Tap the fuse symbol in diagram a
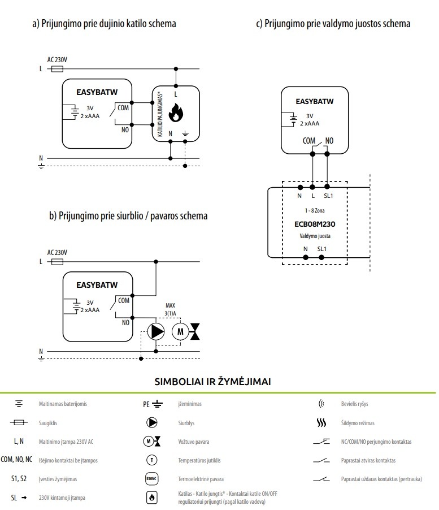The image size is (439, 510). click(57, 68)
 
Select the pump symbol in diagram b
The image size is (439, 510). click(156, 331)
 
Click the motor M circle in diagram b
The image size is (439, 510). click(181, 331)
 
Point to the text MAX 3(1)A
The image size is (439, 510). click(170, 310)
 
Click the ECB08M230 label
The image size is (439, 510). click(315, 223)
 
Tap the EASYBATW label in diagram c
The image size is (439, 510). click(315, 102)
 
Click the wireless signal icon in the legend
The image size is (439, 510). click(322, 404)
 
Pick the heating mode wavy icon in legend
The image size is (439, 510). click(321, 423)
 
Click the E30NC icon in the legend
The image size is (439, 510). click(151, 479)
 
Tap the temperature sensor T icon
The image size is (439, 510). click(151, 460)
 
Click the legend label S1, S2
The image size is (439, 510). click(19, 479)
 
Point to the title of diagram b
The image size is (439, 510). click(128, 216)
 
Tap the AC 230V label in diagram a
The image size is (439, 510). click(58, 59)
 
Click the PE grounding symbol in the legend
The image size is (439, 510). click(151, 404)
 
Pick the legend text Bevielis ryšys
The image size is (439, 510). click(355, 404)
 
